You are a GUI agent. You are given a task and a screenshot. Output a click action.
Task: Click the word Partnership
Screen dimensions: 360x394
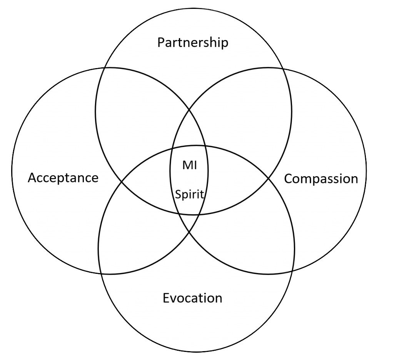click(193, 43)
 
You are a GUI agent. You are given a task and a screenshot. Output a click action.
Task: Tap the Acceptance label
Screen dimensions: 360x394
click(63, 178)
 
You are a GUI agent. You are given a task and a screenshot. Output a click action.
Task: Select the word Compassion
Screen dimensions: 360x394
click(321, 178)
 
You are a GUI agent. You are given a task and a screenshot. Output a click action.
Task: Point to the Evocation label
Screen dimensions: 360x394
click(192, 298)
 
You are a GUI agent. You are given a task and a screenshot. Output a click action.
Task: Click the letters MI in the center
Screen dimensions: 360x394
click(189, 166)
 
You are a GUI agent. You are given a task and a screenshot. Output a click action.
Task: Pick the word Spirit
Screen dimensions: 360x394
click(189, 194)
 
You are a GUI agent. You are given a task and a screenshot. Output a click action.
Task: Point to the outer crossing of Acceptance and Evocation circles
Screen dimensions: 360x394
click(101, 273)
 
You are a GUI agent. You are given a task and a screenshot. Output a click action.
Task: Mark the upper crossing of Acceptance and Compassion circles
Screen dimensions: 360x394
click(189, 110)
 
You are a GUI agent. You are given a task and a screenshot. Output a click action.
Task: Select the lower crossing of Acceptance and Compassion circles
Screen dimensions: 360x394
click(189, 231)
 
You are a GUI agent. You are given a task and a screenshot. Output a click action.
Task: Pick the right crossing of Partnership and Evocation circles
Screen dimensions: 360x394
click(268, 178)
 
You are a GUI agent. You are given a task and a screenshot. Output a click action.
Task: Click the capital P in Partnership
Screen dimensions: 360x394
click(161, 43)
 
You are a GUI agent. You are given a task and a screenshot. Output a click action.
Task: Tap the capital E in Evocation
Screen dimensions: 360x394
click(167, 298)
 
